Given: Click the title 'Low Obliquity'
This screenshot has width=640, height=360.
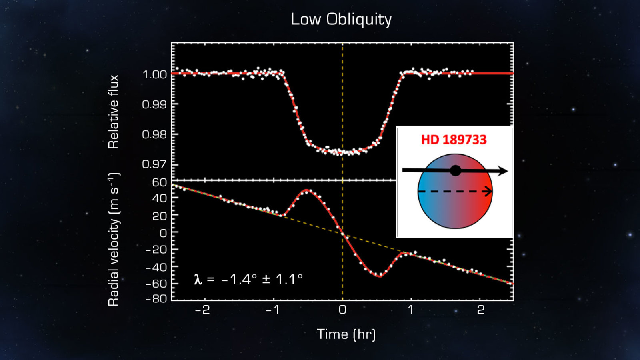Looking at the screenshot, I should (341, 19).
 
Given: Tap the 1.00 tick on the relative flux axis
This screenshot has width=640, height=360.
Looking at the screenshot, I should (154, 74).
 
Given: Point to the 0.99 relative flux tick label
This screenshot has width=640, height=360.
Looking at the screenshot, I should (154, 104).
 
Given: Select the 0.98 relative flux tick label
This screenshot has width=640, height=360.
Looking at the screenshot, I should (154, 134).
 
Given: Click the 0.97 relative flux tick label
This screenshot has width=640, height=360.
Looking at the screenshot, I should (154, 164).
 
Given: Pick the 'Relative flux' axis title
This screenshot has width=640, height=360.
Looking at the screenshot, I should (114, 112).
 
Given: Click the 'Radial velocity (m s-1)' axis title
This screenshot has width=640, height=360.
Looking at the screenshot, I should (114, 239).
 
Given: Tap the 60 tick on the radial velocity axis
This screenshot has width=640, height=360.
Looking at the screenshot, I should (159, 182).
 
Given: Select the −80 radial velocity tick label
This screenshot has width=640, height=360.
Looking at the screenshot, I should (156, 299).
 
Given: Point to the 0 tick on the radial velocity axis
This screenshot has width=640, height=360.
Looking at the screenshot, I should (163, 233).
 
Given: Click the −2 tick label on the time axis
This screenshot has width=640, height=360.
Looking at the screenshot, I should (202, 310).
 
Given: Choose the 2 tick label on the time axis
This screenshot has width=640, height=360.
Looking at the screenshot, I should (481, 310).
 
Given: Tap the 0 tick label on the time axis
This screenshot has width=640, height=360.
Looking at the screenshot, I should (342, 310).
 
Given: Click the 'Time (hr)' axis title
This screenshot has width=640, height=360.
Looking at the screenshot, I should (346, 334).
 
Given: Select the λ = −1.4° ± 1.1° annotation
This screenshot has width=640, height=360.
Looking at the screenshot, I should (248, 279).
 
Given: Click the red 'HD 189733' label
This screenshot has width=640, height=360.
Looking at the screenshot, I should (454, 140).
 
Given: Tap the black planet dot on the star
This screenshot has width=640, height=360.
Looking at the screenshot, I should (455, 170).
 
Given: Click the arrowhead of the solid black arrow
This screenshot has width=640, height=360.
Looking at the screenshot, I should (504, 171).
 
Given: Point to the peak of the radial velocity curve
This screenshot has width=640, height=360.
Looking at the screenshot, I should (306, 190).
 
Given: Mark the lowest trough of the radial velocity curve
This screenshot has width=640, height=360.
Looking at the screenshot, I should (380, 276).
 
